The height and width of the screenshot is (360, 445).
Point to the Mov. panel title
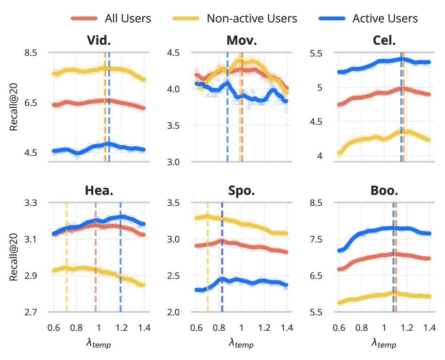tap(242, 40)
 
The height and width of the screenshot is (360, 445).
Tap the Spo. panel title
tap(242, 191)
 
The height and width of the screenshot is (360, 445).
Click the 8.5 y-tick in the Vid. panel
tap(31, 52)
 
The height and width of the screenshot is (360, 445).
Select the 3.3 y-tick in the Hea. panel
tap(31, 203)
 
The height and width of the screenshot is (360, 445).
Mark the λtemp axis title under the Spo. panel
tap(241, 344)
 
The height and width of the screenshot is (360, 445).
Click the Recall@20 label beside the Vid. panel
tap(14, 107)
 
